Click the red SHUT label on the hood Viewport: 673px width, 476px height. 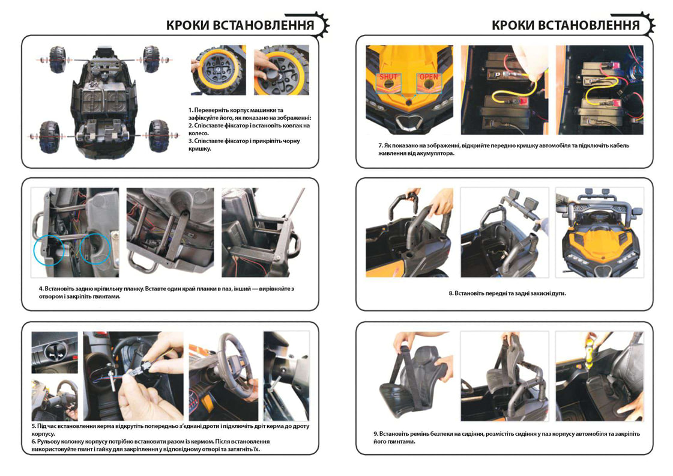pyautogui.click(x=388, y=77)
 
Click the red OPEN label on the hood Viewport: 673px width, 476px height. pyautogui.click(x=428, y=77)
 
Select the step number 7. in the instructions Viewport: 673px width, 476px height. pyautogui.click(x=380, y=145)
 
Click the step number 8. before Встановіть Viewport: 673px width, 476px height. pyautogui.click(x=451, y=293)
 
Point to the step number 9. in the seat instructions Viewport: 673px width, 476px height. pyautogui.click(x=376, y=434)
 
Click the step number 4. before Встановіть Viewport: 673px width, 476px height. pyautogui.click(x=41, y=288)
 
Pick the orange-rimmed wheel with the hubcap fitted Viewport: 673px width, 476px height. pyautogui.click(x=219, y=70)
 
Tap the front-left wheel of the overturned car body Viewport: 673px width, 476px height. pyautogui.click(x=57, y=59)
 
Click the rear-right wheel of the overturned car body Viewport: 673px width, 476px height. pyautogui.click(x=158, y=135)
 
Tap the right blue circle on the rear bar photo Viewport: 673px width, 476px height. pyautogui.click(x=95, y=248)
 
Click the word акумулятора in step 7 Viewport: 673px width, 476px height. pyautogui.click(x=436, y=153)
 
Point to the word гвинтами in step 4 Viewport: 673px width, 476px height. pyautogui.click(x=106, y=296)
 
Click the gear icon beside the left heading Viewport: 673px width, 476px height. pyautogui.click(x=322, y=24)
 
